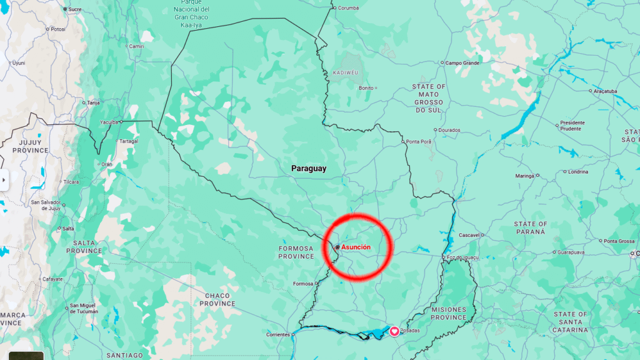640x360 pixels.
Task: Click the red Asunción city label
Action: pos(356,247)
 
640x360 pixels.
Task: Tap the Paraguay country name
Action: pos(309,169)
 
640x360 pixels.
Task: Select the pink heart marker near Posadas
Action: pos(394,331)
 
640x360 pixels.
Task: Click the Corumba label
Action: pos(349,7)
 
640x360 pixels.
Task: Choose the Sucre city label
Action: pos(75,9)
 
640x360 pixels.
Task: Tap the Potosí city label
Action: pos(58,29)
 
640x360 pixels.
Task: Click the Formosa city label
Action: pos(303,284)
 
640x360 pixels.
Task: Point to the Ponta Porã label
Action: pos(419,142)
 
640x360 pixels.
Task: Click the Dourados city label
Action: pos(449,130)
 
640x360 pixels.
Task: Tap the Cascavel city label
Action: pos(468,235)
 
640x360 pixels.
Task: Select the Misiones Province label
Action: pos(449,313)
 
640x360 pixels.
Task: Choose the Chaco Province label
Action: pos(217,299)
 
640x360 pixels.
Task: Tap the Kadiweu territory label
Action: pos(346,72)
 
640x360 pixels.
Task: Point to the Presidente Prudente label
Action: pos(572,126)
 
